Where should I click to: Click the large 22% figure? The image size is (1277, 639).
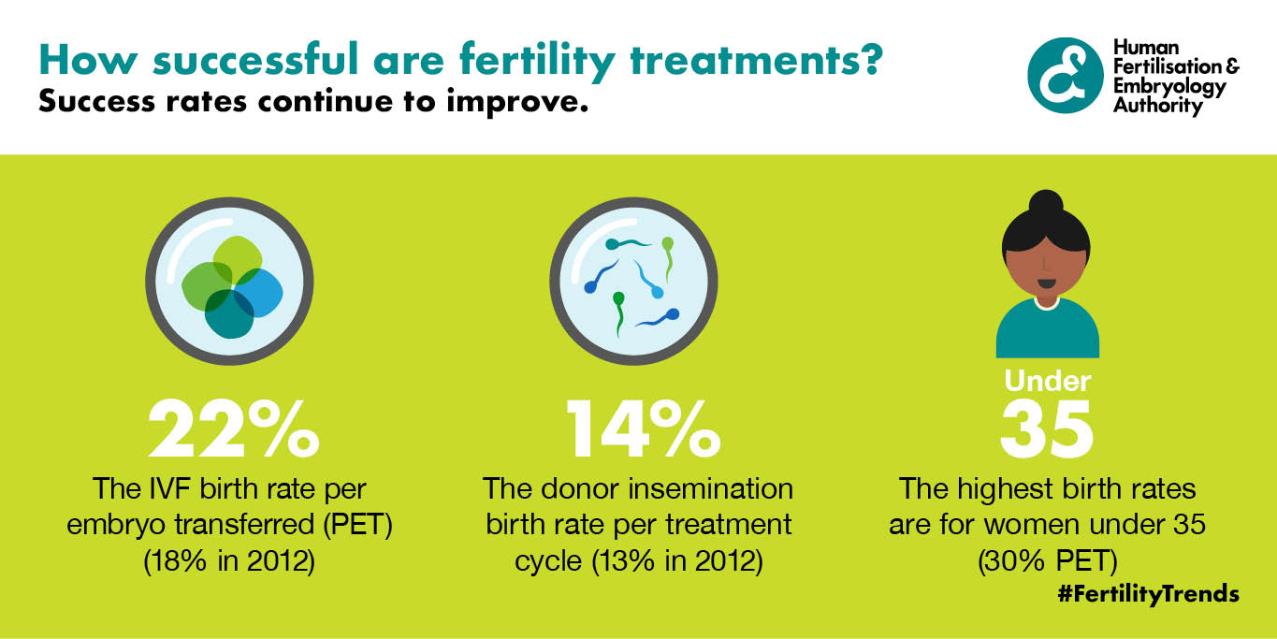coord(234,428)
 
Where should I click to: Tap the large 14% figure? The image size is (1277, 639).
coord(644,428)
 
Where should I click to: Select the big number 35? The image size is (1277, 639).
coord(1047,428)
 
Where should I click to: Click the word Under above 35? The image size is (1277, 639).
coord(1047,381)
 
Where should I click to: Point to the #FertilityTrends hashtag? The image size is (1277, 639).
coord(1148,594)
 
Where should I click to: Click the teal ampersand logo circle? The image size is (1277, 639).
coord(1065,75)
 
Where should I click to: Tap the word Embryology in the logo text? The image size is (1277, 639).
coord(1169,87)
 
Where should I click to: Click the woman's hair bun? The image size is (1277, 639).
coord(1046,203)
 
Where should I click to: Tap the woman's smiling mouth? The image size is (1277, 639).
coord(1047,283)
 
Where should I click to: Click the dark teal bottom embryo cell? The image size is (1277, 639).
coord(229,313)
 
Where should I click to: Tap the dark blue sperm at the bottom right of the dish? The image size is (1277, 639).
coord(658,319)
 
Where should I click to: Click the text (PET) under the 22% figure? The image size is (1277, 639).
coord(358,525)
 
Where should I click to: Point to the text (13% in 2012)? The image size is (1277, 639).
coord(677,561)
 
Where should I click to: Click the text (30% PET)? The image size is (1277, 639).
coord(1047,561)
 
